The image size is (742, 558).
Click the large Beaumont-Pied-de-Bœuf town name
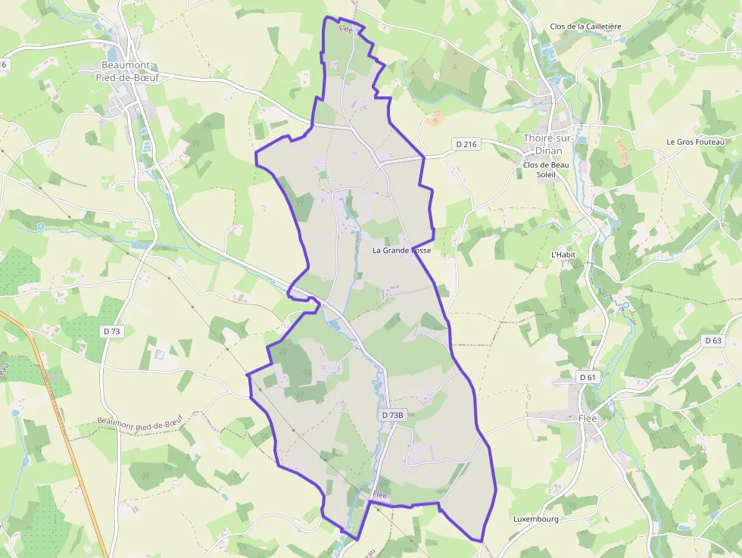(x=127, y=70)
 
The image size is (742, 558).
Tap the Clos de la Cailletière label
(x=585, y=26)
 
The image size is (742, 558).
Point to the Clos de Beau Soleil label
(x=546, y=170)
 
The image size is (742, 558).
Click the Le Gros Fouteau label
(x=695, y=142)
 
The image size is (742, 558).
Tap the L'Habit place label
(x=563, y=254)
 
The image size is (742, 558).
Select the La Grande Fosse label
(x=401, y=250)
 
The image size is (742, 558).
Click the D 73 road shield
(x=111, y=332)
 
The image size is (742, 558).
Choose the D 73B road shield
(x=394, y=415)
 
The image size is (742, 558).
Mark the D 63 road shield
(x=713, y=341)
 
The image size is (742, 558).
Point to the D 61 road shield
(x=588, y=377)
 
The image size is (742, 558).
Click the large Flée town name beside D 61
(x=588, y=419)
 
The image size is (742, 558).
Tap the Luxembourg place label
(x=535, y=519)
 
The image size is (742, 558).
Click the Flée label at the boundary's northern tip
(x=346, y=29)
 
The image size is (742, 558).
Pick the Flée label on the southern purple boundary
(x=379, y=495)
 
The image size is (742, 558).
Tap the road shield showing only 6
(x=3, y=64)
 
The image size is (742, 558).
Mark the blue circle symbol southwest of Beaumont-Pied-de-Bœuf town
(x=40, y=226)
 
